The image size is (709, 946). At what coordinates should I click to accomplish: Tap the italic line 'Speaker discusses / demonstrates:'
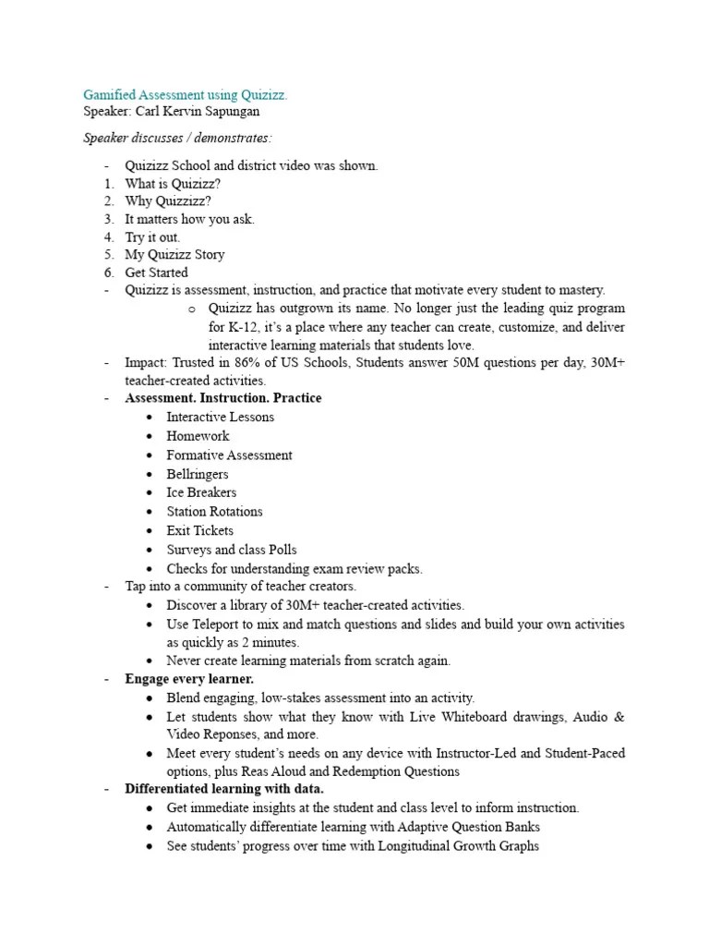pos(178,138)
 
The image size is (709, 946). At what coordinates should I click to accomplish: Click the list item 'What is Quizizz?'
pos(173,184)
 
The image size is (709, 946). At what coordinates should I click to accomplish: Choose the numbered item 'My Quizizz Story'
pos(174,254)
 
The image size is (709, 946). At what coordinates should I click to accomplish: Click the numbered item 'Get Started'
pos(156,273)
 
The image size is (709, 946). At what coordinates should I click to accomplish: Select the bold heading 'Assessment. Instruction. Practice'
pos(223,398)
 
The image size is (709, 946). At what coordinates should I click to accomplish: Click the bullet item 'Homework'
pos(198,436)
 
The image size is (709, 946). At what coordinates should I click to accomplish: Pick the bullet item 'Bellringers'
pos(198,474)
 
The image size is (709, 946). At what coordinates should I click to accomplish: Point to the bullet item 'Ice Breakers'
pos(201,492)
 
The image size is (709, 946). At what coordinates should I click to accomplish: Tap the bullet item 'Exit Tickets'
pos(199,530)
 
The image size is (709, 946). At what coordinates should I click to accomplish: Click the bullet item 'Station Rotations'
pos(214,511)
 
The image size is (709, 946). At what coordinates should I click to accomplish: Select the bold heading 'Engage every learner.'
pos(189,679)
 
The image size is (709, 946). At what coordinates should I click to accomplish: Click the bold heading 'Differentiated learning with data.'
pos(224,789)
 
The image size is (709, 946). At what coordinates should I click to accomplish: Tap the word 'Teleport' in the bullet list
pos(219,625)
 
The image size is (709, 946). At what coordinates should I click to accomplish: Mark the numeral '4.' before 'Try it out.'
pos(108,237)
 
